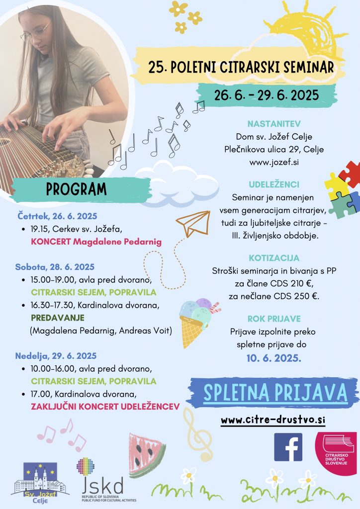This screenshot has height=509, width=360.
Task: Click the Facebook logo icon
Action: click(288, 447)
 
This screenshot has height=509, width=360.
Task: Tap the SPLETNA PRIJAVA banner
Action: click(275, 393)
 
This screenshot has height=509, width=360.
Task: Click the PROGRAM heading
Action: click(77, 189)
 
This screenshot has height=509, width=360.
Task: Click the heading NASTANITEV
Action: click(275, 123)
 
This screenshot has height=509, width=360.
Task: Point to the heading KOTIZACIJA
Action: click(275, 258)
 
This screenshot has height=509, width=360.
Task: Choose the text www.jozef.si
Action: click(275, 162)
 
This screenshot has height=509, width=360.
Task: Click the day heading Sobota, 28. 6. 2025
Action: click(56, 267)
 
